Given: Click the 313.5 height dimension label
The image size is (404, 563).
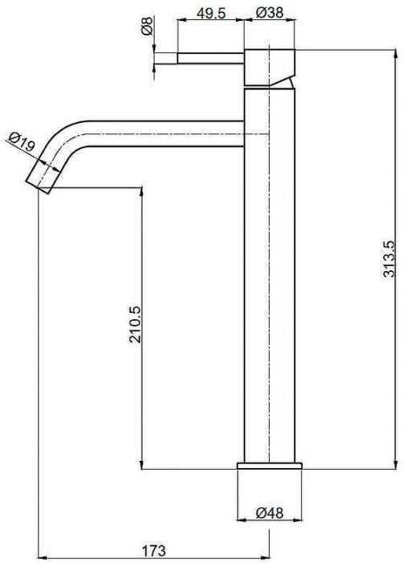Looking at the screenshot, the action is click(x=389, y=258).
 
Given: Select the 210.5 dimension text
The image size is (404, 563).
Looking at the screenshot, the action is click(x=135, y=324).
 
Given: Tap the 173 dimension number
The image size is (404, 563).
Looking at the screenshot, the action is click(x=154, y=550).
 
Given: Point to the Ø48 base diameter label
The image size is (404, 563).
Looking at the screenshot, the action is click(x=270, y=512).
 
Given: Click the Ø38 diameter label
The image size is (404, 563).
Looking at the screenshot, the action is click(x=270, y=13).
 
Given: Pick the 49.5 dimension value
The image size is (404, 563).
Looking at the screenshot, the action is click(x=211, y=13).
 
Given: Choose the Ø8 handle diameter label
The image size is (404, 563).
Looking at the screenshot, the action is click(x=147, y=27).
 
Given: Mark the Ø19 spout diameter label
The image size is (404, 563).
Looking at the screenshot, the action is click(x=23, y=141).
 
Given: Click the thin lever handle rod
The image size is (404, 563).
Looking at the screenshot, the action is click(x=211, y=58).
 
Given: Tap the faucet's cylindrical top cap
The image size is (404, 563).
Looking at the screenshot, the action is click(x=270, y=67).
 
